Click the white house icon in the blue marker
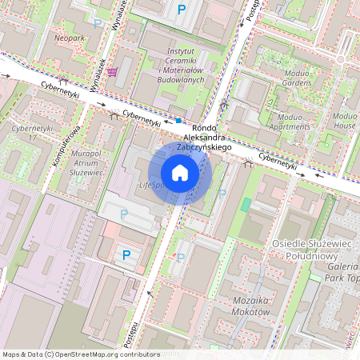coord(180,172)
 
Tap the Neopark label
coord(69,38)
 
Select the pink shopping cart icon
coord(112,72)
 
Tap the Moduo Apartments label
coord(294,121)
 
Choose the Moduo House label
coord(344,121)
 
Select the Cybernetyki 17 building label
coord(32,133)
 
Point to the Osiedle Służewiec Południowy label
coord(322,250)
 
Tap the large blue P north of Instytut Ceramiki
coord(182,10)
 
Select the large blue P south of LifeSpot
coord(126,255)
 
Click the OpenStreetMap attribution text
coord(81,354)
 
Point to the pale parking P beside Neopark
coord(98,23)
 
